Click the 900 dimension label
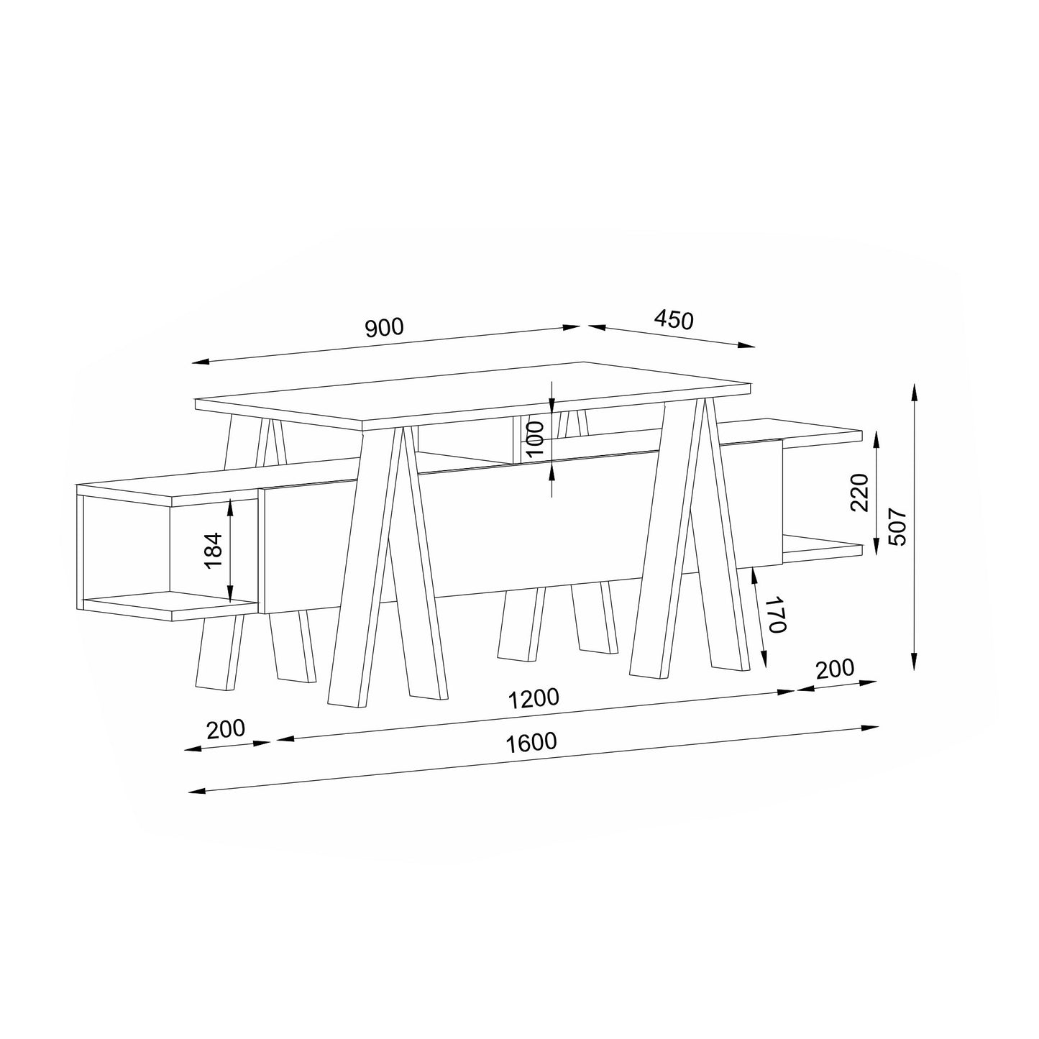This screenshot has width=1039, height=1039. [x=384, y=327]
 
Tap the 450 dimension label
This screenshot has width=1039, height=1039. [x=674, y=320]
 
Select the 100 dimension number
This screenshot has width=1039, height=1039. [x=535, y=439]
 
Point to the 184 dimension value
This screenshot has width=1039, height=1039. [x=214, y=550]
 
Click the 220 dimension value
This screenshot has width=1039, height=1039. [x=859, y=493]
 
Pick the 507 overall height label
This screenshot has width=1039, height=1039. [x=898, y=526]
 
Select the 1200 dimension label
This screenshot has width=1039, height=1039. [x=534, y=698]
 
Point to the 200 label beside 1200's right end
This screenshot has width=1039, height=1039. [x=836, y=669]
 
